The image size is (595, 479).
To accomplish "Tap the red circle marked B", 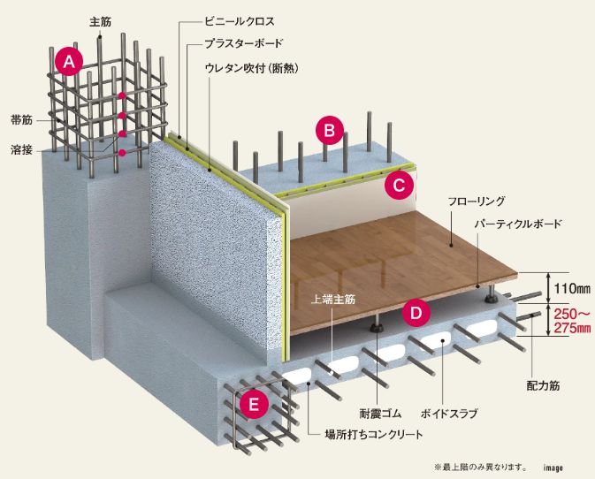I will [x=329, y=132].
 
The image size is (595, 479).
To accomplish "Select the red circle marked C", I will [x=399, y=185].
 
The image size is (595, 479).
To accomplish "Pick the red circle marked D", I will [x=416, y=311].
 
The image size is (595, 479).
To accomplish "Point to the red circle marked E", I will [x=255, y=405].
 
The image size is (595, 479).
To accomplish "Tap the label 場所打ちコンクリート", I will [x=375, y=434].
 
